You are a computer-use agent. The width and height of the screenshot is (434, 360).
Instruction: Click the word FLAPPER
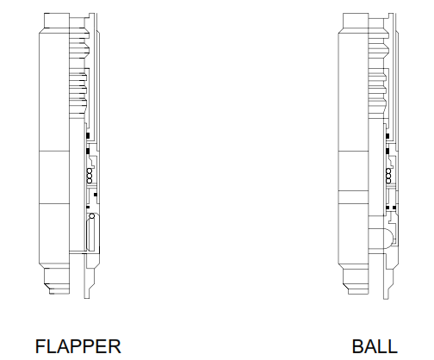pyautogui.click(x=78, y=346)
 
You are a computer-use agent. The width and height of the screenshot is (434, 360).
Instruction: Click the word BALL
pyautogui.click(x=375, y=346)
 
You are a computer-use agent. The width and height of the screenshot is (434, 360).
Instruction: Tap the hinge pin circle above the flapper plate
pyautogui.click(x=92, y=216)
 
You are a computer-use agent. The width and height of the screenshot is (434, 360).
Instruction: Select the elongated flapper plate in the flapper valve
pyautogui.click(x=90, y=234)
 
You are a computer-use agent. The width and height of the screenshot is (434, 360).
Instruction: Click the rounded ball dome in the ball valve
pyautogui.click(x=388, y=239)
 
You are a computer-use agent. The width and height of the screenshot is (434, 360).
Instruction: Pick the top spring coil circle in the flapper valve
pyautogui.click(x=90, y=171)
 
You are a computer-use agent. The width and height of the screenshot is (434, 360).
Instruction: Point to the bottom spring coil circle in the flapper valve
pyautogui.click(x=90, y=181)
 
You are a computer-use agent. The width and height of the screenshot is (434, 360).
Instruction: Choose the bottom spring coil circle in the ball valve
pyautogui.click(x=388, y=181)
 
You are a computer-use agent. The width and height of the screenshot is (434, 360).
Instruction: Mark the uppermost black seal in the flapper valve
pyautogui.click(x=88, y=135)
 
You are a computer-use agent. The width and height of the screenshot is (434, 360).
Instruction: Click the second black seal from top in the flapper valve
pyautogui.click(x=88, y=151)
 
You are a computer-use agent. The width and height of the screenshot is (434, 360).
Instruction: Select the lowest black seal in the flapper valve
pyautogui.click(x=88, y=207)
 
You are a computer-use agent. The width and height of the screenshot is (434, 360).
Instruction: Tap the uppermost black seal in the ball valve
pyautogui.click(x=387, y=136)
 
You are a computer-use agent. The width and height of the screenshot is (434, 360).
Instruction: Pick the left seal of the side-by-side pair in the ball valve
pyautogui.click(x=387, y=208)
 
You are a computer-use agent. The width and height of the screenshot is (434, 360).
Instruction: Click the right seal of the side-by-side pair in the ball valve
pyautogui.click(x=394, y=208)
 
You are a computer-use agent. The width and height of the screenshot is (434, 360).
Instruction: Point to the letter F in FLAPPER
pyautogui.click(x=40, y=346)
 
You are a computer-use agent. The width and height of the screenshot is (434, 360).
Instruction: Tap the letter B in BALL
pyautogui.click(x=357, y=346)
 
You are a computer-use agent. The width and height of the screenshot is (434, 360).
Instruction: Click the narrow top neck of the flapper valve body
pyautogui.click(x=57, y=21)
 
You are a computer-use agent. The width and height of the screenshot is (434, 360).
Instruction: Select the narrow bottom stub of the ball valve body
pyautogui.click(x=356, y=281)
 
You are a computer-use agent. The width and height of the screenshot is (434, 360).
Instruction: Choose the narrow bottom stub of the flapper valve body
pyautogui.click(x=57, y=281)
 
